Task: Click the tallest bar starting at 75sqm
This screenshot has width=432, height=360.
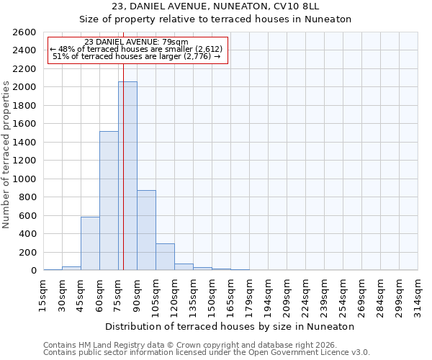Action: pos(127,176)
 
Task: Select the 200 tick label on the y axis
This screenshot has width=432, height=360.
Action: pos(30,252)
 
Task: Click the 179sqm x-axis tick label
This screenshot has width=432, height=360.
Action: pos(249,295)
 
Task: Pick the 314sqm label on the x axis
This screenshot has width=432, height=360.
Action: pos(418,295)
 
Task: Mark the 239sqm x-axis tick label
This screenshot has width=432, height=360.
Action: pos(324,295)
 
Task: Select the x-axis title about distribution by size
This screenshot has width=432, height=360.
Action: pos(230,326)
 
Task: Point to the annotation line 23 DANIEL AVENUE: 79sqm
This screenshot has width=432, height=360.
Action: pos(136,42)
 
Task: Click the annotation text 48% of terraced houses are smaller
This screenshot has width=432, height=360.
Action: pos(136,49)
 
